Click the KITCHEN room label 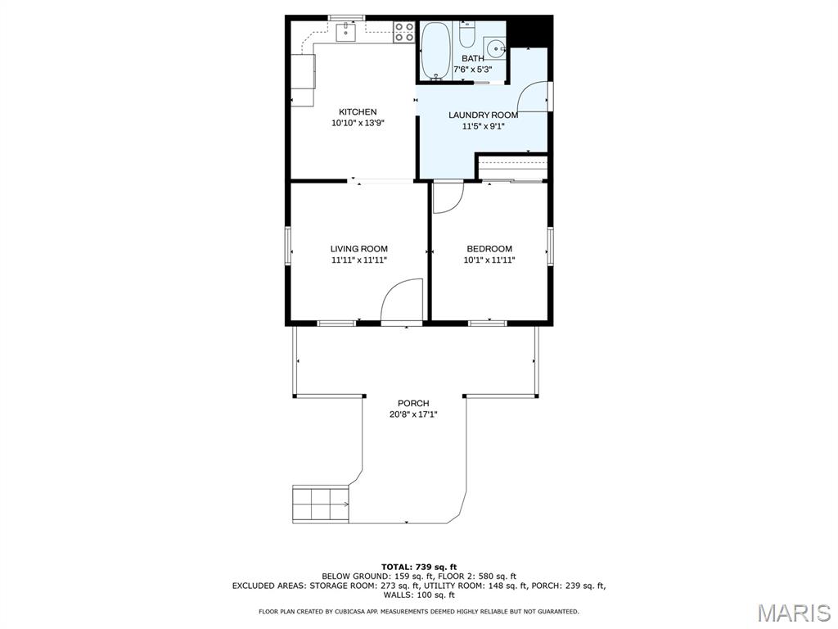[358, 111]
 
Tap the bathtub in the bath [435, 51]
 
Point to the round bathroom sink [495, 48]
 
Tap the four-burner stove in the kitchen [404, 32]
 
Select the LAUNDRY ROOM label [483, 115]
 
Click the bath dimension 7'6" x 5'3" [472, 70]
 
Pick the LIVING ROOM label [358, 249]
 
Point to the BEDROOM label [489, 249]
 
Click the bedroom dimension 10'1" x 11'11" [489, 260]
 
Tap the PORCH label [413, 403]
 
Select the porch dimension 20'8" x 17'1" [413, 414]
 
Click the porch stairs [320, 504]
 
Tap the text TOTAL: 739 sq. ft [419, 567]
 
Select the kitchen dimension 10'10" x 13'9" [358, 123]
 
